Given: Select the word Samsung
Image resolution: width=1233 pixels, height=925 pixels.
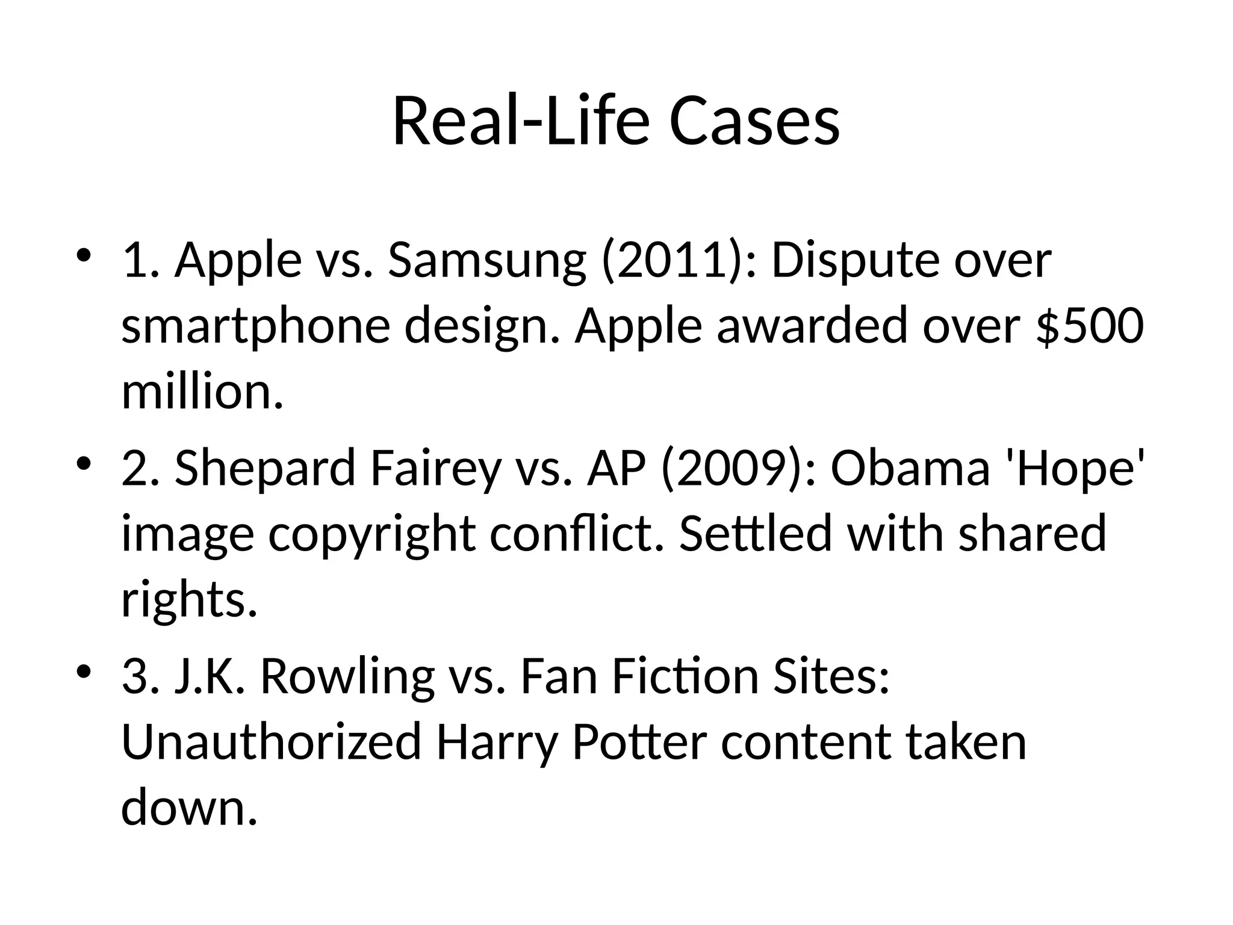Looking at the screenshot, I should tap(486, 260).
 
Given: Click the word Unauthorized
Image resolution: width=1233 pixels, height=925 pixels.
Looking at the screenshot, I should tap(271, 742).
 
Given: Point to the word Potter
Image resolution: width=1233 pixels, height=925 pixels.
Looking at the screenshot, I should tap(639, 742).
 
